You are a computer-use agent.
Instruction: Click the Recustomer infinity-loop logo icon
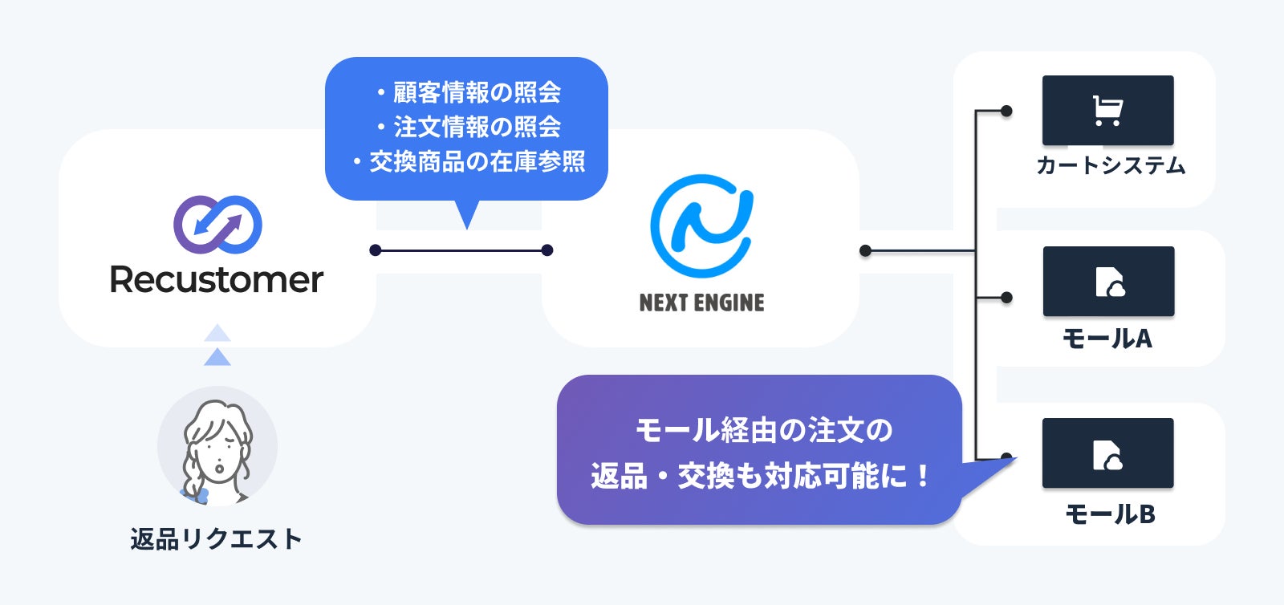pos(217,224)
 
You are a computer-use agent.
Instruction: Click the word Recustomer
pos(217,280)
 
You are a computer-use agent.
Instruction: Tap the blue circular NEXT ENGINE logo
pos(701,226)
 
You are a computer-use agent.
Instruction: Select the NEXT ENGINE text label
pos(701,302)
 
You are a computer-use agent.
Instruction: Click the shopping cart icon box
pos(1107,110)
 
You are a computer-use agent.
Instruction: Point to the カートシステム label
pos(1110,165)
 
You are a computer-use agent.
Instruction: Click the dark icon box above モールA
pos(1108,281)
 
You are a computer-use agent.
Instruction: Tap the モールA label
pos(1107,339)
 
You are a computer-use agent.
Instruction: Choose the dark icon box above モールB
pos(1107,453)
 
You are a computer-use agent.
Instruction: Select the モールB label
pos(1110,514)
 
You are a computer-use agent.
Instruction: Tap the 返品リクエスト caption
pos(217,538)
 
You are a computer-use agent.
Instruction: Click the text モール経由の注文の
pos(763,430)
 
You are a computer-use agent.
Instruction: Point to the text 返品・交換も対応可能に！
pos(760,477)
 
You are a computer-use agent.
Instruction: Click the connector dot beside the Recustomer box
pos(375,250)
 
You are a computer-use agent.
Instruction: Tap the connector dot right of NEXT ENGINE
pos(865,251)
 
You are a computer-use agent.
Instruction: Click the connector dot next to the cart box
pos(1006,111)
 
